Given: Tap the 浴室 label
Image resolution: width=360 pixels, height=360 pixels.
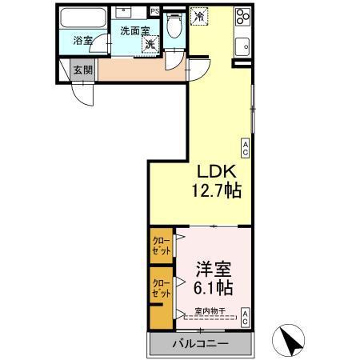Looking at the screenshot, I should (x=83, y=40).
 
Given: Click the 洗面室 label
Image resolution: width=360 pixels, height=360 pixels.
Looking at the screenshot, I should (x=134, y=30).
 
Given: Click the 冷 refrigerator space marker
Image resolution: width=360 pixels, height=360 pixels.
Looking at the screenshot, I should (x=199, y=14).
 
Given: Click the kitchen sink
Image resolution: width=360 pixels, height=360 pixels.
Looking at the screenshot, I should (x=242, y=45).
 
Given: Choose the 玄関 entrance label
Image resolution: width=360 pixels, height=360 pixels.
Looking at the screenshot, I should (x=83, y=70).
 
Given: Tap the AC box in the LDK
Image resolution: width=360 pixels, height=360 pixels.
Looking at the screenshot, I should (x=246, y=147).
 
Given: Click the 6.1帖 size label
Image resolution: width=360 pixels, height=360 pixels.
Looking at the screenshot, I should (x=212, y=286).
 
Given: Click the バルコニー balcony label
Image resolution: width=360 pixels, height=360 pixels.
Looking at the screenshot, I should (x=202, y=344).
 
